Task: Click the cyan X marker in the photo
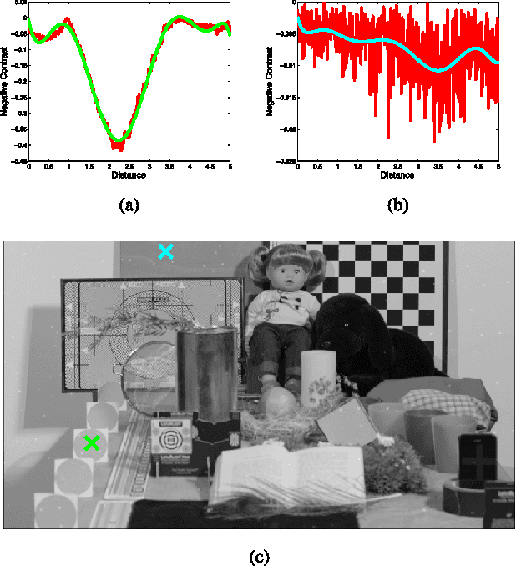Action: (x=165, y=251)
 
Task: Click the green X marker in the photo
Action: (x=92, y=442)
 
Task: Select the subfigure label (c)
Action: (x=259, y=553)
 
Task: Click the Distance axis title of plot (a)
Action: (x=129, y=175)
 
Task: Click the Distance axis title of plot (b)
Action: (x=397, y=175)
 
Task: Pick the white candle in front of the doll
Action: (x=318, y=381)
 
